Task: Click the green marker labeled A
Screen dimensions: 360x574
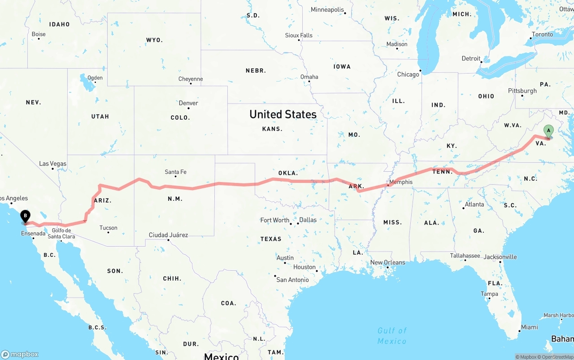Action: pyautogui.click(x=548, y=131)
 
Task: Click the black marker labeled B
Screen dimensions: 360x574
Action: pyautogui.click(x=26, y=217)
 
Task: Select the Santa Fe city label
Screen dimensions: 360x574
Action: pyautogui.click(x=175, y=172)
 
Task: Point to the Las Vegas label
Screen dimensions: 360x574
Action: pyautogui.click(x=52, y=164)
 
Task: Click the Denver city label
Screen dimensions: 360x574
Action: pyautogui.click(x=188, y=103)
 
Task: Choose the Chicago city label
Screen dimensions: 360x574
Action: pyautogui.click(x=408, y=74)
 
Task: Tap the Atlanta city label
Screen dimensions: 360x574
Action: pyautogui.click(x=474, y=204)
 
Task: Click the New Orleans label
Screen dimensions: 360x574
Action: pyautogui.click(x=387, y=262)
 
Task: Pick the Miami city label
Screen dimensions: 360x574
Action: pyautogui.click(x=529, y=327)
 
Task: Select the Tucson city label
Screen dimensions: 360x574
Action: pyautogui.click(x=108, y=228)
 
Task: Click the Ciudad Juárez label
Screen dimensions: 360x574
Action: pyautogui.click(x=168, y=235)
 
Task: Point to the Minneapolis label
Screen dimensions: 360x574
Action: pyautogui.click(x=327, y=9)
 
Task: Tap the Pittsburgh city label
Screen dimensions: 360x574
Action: pyautogui.click(x=522, y=91)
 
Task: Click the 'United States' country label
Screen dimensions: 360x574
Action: pyautogui.click(x=283, y=114)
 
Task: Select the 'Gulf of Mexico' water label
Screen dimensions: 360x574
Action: pyautogui.click(x=392, y=336)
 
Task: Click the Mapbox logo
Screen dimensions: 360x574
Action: pyautogui.click(x=20, y=354)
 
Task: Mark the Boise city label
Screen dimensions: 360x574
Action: pyautogui.click(x=39, y=34)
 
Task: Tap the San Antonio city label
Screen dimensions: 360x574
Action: pyautogui.click(x=292, y=280)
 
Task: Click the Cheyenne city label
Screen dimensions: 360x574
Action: pyautogui.click(x=191, y=79)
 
